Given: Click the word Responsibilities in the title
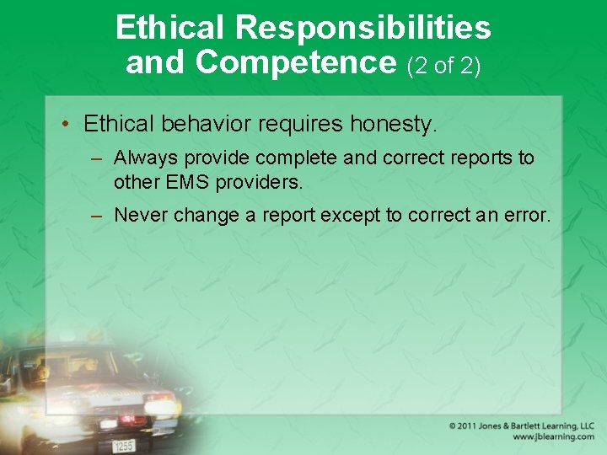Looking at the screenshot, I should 363,28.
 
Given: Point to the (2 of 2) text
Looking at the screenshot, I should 443,65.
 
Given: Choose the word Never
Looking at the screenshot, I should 139,215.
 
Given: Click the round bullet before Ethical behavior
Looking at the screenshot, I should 65,125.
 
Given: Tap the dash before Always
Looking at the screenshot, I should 98,158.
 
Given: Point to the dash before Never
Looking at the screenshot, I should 98,215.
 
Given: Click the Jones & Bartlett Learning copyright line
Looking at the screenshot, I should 521,426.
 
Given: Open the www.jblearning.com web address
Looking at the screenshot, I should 553,437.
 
